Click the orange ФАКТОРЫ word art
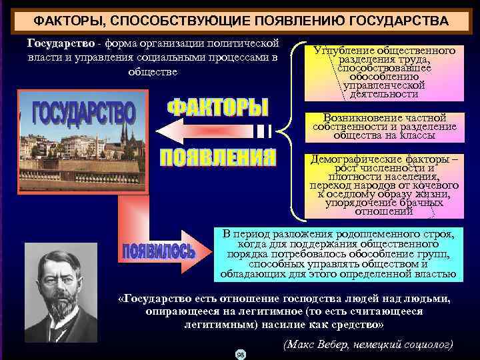click(217, 109)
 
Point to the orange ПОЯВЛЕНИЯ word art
click(217, 157)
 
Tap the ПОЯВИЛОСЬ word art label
click(159, 252)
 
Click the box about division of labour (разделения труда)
click(383, 72)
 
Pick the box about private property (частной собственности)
click(384, 127)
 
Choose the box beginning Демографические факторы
click(383, 186)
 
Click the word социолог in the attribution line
click(426, 345)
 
